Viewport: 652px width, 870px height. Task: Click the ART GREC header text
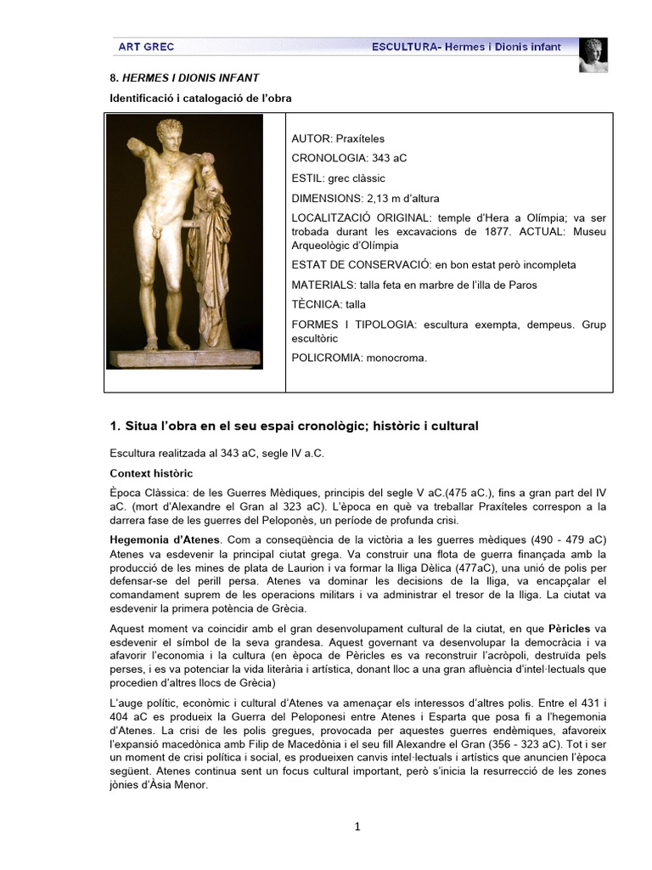tap(140, 47)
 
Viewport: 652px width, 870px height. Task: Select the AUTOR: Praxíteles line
tap(331, 138)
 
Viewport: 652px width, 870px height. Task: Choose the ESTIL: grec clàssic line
tap(338, 178)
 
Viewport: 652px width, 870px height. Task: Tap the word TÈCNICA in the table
tap(315, 303)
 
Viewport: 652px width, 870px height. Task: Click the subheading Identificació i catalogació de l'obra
tap(200, 99)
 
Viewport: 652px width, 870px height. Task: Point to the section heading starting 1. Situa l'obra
tap(294, 425)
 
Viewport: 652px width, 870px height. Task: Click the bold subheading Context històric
tap(151, 472)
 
